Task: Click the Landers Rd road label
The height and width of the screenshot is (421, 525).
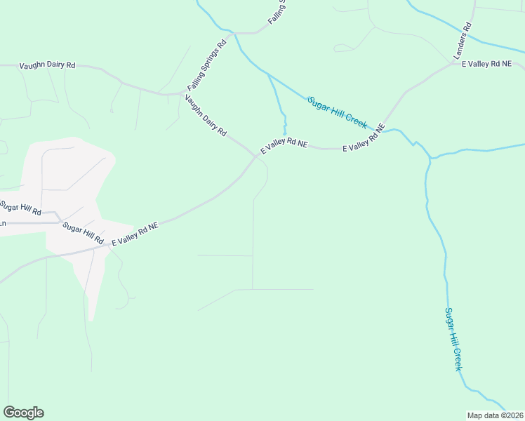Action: pyautogui.click(x=462, y=40)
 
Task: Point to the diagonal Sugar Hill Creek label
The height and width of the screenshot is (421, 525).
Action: pyautogui.click(x=337, y=112)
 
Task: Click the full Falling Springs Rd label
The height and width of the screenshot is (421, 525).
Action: pyautogui.click(x=206, y=65)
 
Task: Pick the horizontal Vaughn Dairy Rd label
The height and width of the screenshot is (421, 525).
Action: pyautogui.click(x=47, y=65)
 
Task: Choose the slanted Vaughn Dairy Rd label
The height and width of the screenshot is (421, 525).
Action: pyautogui.click(x=206, y=116)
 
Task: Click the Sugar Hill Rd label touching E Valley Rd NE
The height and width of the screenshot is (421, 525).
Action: pyautogui.click(x=83, y=232)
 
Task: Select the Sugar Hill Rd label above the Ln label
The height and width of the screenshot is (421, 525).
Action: pyautogui.click(x=21, y=208)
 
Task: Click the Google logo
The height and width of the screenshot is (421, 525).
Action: pyautogui.click(x=23, y=413)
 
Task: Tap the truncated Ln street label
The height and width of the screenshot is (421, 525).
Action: pyautogui.click(x=3, y=223)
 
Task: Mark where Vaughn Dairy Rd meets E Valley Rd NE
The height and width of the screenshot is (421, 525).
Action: pyautogui.click(x=256, y=155)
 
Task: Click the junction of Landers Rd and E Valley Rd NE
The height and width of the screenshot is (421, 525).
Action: pyautogui.click(x=454, y=65)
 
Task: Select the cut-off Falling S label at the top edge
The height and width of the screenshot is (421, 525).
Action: pyautogui.click(x=277, y=13)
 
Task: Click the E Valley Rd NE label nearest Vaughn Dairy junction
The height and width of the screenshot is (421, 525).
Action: pyautogui.click(x=284, y=146)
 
